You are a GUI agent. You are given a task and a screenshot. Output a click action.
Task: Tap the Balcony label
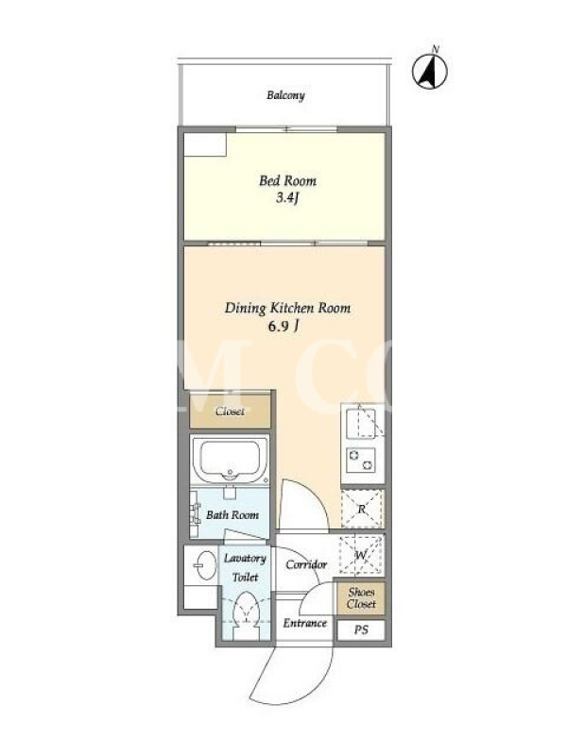click(x=286, y=95)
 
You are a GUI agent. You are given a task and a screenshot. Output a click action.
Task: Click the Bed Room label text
click(x=288, y=181)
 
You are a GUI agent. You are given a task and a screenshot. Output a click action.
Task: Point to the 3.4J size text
click(x=288, y=197)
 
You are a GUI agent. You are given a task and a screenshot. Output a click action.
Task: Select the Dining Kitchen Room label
click(x=288, y=309)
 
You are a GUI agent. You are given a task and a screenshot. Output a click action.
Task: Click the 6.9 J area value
click(x=283, y=327)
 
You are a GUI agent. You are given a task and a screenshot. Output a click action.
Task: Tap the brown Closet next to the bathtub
click(x=230, y=411)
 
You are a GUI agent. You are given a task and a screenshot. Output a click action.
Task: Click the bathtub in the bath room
click(x=230, y=460)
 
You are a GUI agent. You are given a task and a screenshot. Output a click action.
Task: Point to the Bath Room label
click(x=232, y=515)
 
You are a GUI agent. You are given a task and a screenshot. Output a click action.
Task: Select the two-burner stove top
click(x=362, y=460)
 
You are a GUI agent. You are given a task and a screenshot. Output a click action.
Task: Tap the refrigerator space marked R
click(x=362, y=509)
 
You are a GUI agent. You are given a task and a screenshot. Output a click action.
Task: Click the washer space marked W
click(x=361, y=555)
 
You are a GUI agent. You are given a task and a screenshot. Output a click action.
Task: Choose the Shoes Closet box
click(x=361, y=598)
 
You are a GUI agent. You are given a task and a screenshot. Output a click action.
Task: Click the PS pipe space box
click(x=361, y=629)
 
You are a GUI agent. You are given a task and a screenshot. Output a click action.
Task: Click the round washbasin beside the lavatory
click(x=206, y=565)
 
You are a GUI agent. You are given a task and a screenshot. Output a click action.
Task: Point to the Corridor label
click(x=306, y=564)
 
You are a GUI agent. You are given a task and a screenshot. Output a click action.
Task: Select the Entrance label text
click(x=304, y=623)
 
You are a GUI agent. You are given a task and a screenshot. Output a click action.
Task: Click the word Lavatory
click(x=245, y=559)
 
